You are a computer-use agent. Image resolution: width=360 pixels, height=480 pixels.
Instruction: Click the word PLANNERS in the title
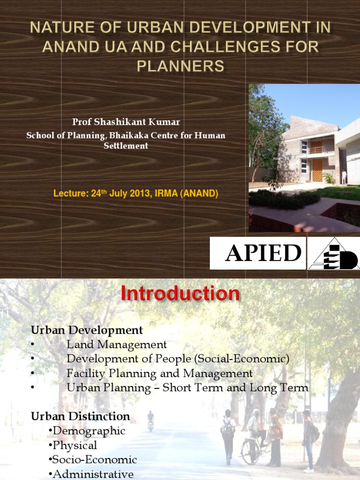(180, 67)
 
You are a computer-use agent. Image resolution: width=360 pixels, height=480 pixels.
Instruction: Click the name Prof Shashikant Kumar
(126, 122)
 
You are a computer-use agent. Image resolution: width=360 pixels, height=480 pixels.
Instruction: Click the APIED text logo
(263, 254)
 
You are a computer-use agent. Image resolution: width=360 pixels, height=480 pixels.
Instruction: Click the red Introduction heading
(180, 294)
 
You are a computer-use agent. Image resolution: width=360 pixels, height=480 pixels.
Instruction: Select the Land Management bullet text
(117, 345)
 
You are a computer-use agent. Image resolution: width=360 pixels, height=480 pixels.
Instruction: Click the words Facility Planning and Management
(159, 374)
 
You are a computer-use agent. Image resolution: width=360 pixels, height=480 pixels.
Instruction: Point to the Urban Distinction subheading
(80, 416)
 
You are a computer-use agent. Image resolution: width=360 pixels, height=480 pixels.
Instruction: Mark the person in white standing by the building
(344, 177)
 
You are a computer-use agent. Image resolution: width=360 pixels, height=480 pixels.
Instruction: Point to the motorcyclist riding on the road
(150, 420)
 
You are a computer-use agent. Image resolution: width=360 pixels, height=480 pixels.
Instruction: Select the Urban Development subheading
(87, 330)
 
